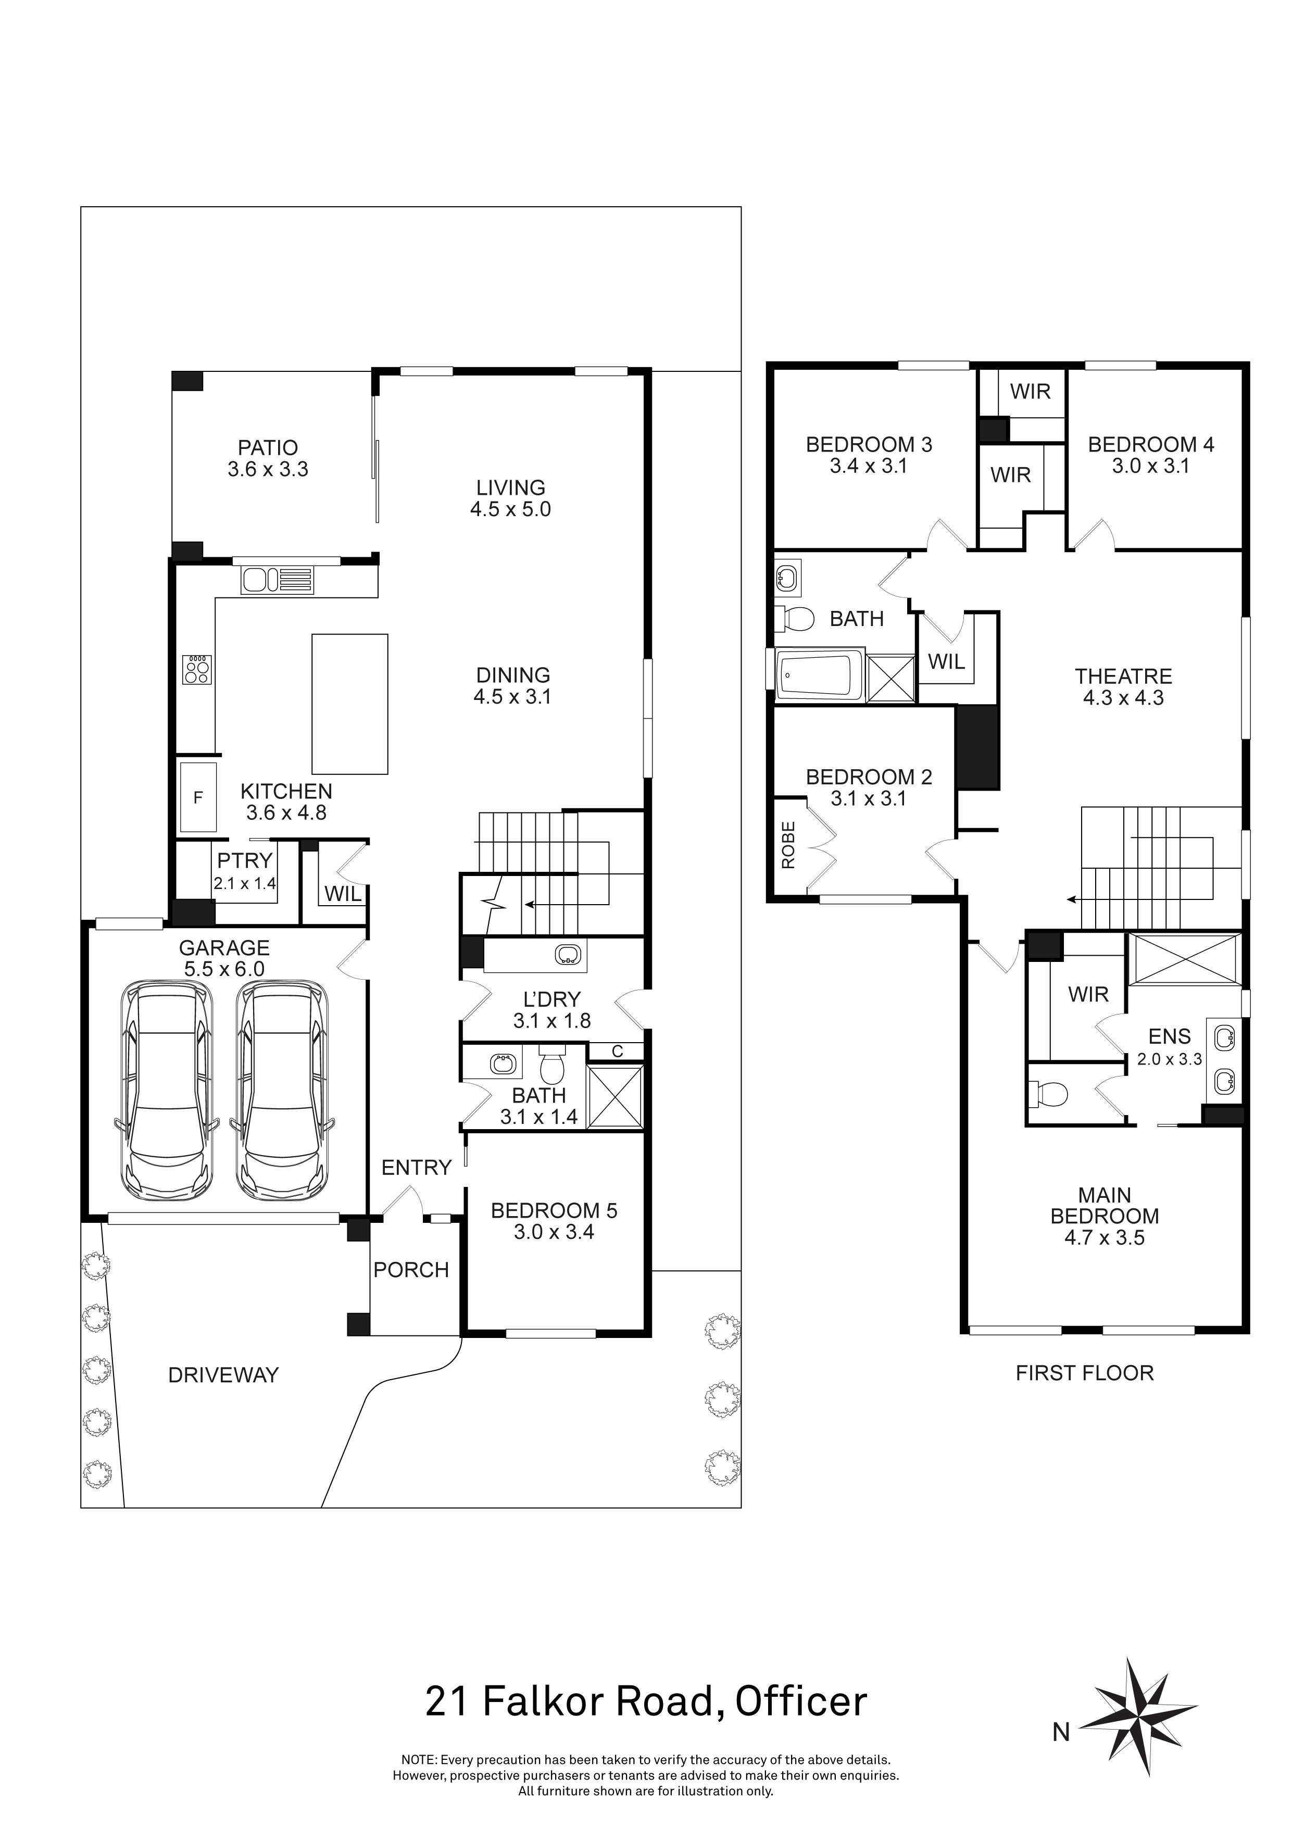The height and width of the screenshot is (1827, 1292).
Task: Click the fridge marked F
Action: click(x=198, y=796)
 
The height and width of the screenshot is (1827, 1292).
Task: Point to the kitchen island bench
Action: click(x=349, y=704)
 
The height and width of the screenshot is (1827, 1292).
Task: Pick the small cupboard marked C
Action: click(x=617, y=1052)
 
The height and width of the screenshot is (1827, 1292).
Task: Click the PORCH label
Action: click(x=411, y=1269)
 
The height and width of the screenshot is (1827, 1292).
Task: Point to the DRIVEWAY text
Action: click(x=223, y=1375)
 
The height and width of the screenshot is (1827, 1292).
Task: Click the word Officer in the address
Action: click(x=800, y=1702)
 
